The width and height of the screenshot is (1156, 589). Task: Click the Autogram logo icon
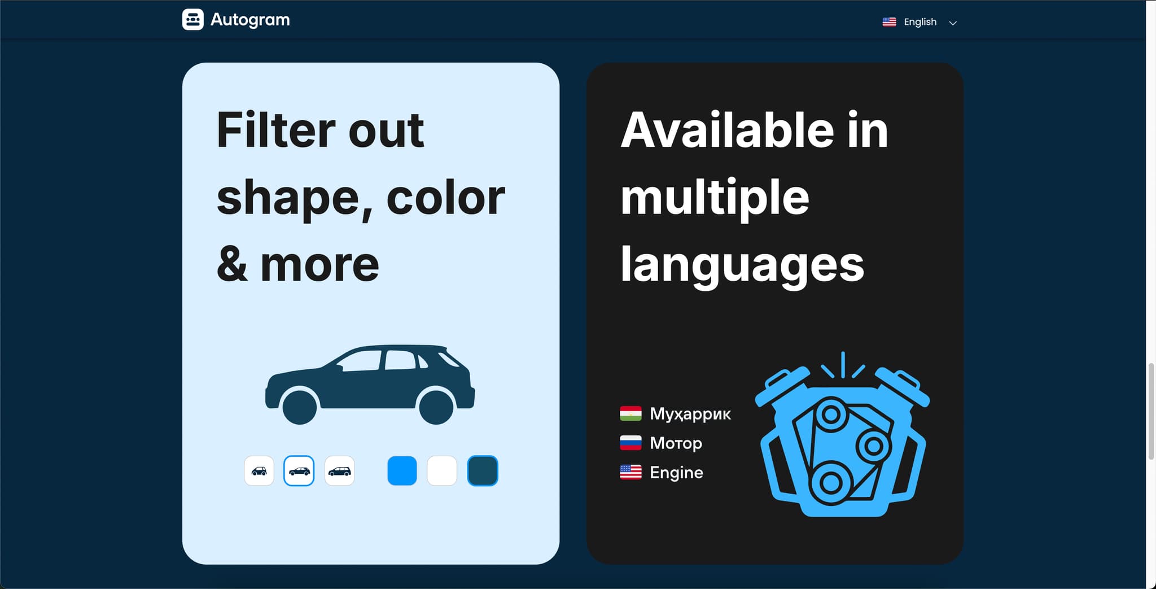pyautogui.click(x=192, y=20)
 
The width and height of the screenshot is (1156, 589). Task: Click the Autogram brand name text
pyautogui.click(x=250, y=20)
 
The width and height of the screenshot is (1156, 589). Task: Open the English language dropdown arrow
pyautogui.click(x=953, y=23)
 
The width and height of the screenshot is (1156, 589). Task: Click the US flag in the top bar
pyautogui.click(x=889, y=21)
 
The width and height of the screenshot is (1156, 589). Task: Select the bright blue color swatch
pyautogui.click(x=402, y=470)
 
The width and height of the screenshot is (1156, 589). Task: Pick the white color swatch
pyautogui.click(x=442, y=470)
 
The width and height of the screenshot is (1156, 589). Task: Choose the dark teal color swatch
pyautogui.click(x=483, y=470)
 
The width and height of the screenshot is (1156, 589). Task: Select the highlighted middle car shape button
pyautogui.click(x=299, y=470)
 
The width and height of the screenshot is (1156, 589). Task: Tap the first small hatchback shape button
pyautogui.click(x=259, y=470)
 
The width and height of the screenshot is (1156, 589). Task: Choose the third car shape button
pyautogui.click(x=340, y=470)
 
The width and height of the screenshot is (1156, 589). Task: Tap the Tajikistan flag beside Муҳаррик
pyautogui.click(x=630, y=413)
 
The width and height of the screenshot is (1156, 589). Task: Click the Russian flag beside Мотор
pyautogui.click(x=630, y=443)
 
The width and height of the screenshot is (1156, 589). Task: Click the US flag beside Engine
pyautogui.click(x=630, y=472)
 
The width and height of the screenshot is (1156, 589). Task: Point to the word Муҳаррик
pyautogui.click(x=690, y=414)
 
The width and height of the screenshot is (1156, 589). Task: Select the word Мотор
pyautogui.click(x=676, y=443)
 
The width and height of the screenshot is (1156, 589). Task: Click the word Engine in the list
pyautogui.click(x=676, y=473)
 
